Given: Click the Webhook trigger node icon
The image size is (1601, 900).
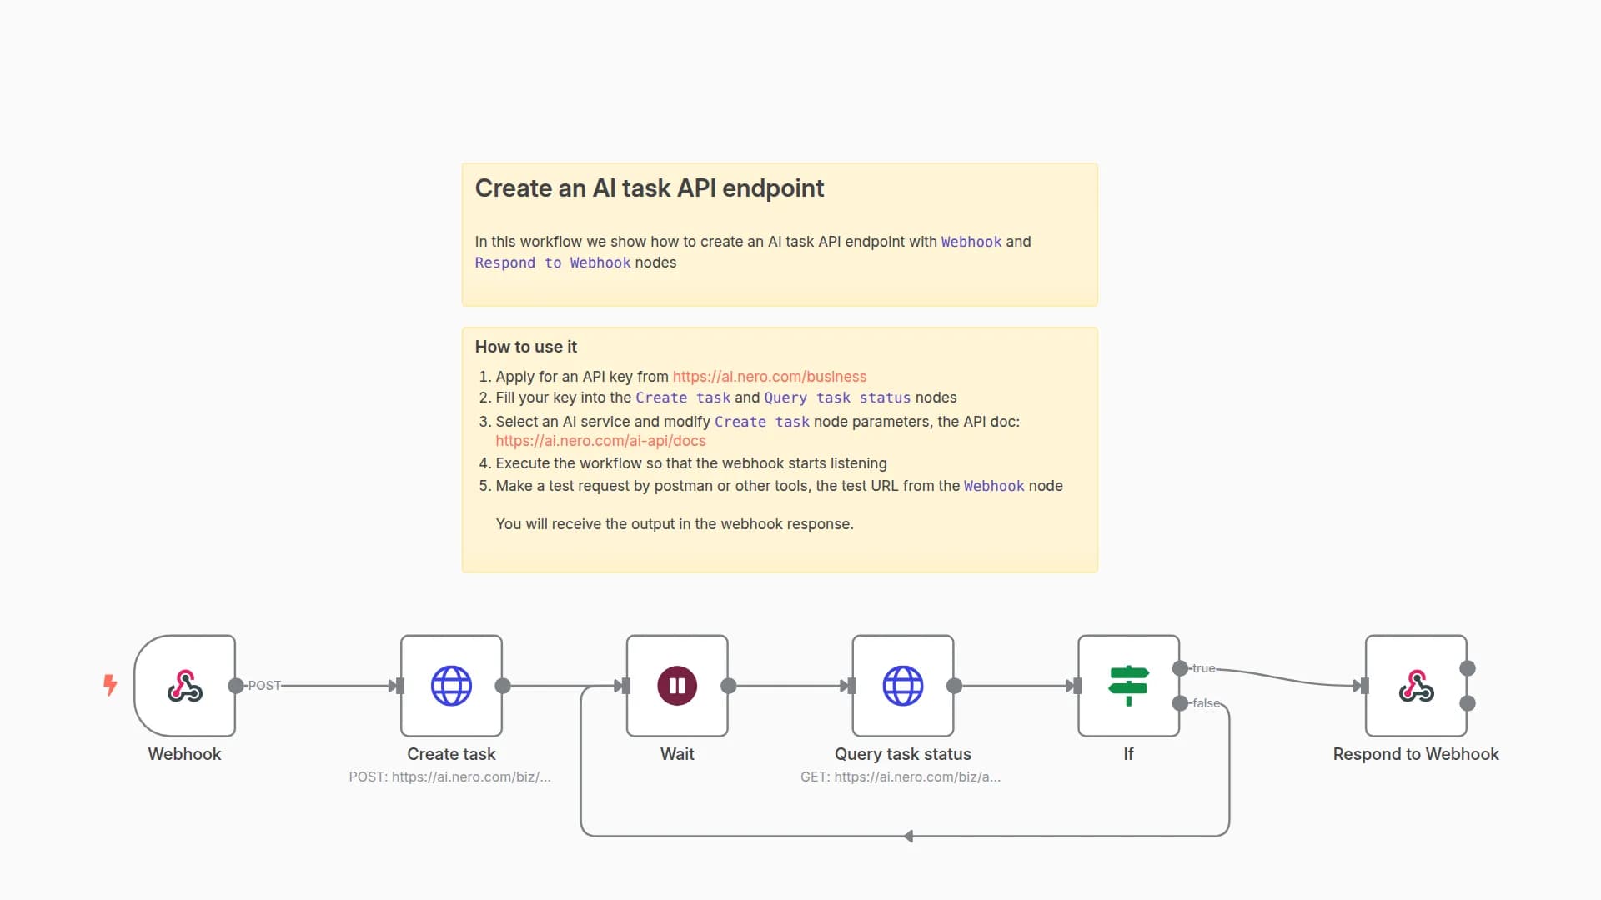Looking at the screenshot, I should [184, 686].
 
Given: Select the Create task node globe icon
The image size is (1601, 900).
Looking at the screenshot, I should [451, 686].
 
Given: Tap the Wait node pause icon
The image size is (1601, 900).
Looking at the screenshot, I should [677, 686].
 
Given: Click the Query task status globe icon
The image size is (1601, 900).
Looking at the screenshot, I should [903, 686].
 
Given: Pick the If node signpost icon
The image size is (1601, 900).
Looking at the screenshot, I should [1128, 686].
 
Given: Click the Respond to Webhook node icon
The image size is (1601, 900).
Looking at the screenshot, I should [1416, 686].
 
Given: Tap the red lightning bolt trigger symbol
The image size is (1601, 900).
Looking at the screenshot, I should [110, 685].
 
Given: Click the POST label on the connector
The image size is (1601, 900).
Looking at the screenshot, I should [264, 686].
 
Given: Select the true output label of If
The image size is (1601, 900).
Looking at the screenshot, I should [1203, 668].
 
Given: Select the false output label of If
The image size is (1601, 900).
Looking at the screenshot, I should [1206, 703].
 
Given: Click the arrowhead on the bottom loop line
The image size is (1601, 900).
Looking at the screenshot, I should [908, 836].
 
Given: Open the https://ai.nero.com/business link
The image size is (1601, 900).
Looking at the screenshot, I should [769, 377].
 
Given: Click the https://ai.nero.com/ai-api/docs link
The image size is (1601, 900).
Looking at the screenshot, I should [600, 441].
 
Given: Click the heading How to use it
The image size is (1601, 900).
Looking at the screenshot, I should [525, 347].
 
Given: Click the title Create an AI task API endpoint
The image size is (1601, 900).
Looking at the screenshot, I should [649, 188].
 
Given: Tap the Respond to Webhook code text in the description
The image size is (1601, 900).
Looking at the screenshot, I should [552, 262].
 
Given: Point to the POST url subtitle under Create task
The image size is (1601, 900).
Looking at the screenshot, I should [449, 777].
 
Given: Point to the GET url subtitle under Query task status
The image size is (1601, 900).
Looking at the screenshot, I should [901, 777].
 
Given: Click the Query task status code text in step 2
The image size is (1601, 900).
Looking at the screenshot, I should [837, 398].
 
